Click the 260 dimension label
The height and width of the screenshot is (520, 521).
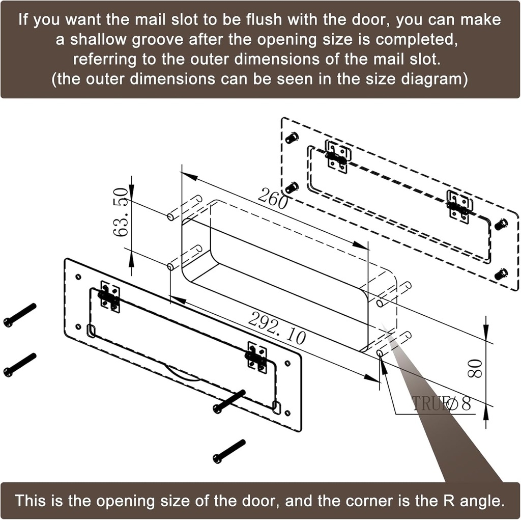[273, 199]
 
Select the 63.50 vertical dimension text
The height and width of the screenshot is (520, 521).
[121, 212]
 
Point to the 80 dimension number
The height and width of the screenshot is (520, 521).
[475, 368]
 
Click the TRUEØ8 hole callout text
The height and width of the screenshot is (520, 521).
[442, 403]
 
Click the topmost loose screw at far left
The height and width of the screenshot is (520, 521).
[20, 315]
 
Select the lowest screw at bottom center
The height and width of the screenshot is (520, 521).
[229, 451]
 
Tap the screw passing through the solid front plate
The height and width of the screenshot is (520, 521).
[229, 401]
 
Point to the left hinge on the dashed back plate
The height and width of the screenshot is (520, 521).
[337, 157]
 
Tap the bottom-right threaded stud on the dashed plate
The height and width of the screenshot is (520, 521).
[501, 274]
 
